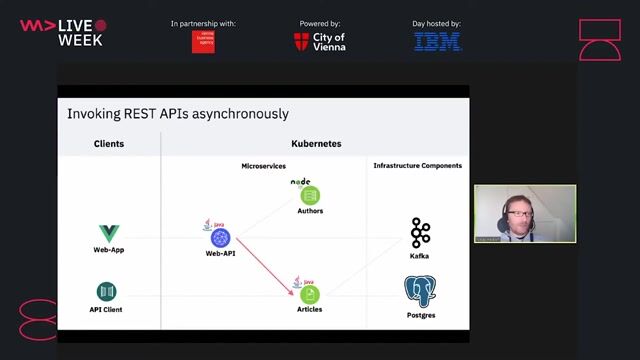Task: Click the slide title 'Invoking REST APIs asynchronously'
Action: (178, 114)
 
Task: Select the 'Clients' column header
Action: (109, 144)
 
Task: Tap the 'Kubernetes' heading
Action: (316, 144)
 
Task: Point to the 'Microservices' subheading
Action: (265, 165)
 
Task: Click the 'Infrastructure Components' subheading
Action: (417, 165)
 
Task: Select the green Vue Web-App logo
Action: (108, 234)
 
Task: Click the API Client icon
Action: (107, 291)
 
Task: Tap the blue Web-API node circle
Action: (220, 238)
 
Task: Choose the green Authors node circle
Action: (310, 196)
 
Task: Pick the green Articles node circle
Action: (310, 295)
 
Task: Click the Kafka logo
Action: (420, 233)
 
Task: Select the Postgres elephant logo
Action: (421, 292)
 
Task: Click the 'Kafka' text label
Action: (420, 256)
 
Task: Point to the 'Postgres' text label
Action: (421, 316)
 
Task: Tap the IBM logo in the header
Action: (438, 42)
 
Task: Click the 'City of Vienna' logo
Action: (320, 42)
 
